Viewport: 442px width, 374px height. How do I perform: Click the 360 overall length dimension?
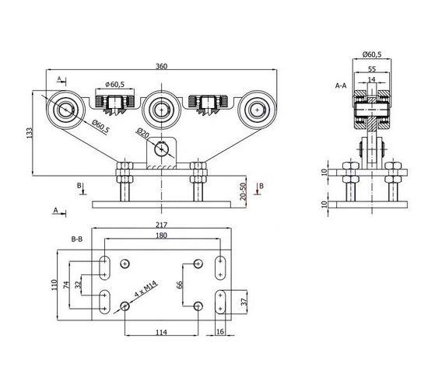tap(162, 66)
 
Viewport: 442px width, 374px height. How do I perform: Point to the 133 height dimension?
tap(30, 133)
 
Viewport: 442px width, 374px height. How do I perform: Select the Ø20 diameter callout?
tap(143, 133)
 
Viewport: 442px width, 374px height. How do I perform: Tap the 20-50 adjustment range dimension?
tap(243, 191)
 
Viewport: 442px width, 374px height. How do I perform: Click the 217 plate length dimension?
tap(162, 225)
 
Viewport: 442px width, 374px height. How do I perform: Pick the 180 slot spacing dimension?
tap(162, 235)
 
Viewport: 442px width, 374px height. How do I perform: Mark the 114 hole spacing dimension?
tap(162, 332)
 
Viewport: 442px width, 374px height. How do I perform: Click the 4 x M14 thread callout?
tap(146, 289)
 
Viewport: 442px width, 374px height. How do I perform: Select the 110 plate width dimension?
tap(54, 285)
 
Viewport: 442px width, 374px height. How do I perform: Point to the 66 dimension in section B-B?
tap(180, 285)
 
